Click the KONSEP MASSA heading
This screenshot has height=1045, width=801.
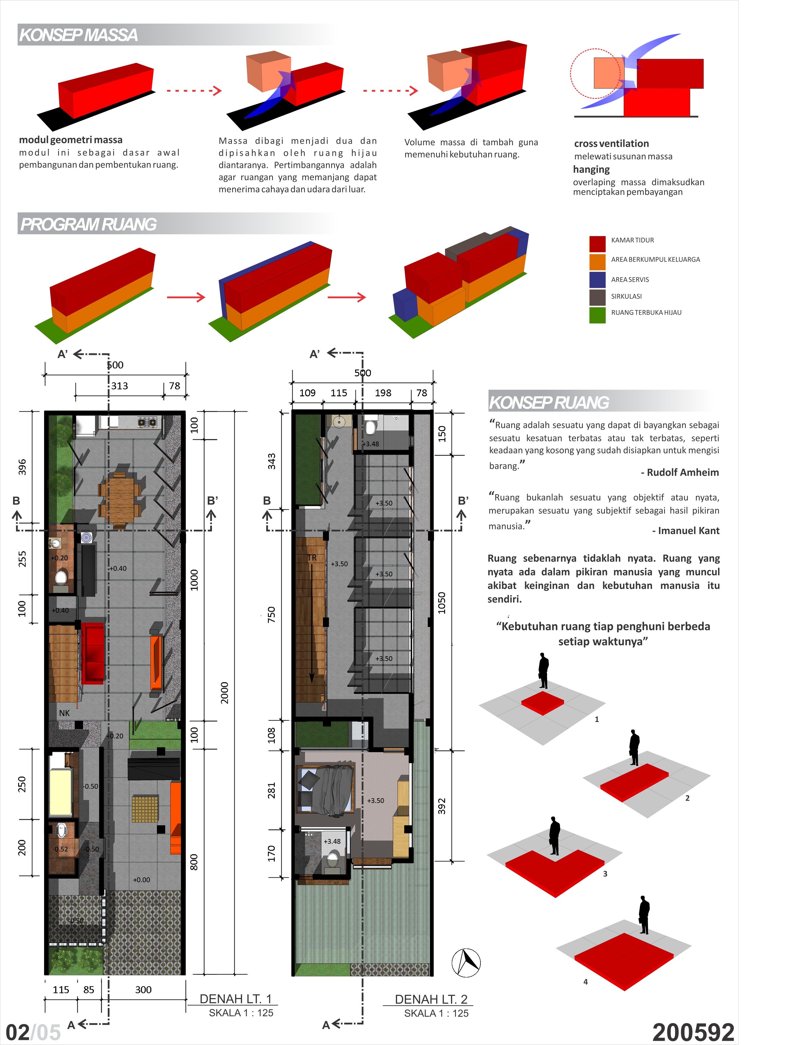[x=79, y=35]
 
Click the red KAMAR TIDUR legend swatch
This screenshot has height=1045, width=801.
[x=597, y=243]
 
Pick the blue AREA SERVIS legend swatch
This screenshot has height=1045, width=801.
[x=597, y=280]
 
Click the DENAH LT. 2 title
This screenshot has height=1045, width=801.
[x=431, y=999]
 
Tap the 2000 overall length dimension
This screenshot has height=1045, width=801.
[x=224, y=692]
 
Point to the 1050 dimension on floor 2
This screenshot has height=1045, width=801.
[x=441, y=602]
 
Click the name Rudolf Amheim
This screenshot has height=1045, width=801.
[x=683, y=472]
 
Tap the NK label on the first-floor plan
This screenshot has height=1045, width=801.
[x=64, y=712]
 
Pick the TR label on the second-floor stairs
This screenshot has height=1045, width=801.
[x=312, y=558]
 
